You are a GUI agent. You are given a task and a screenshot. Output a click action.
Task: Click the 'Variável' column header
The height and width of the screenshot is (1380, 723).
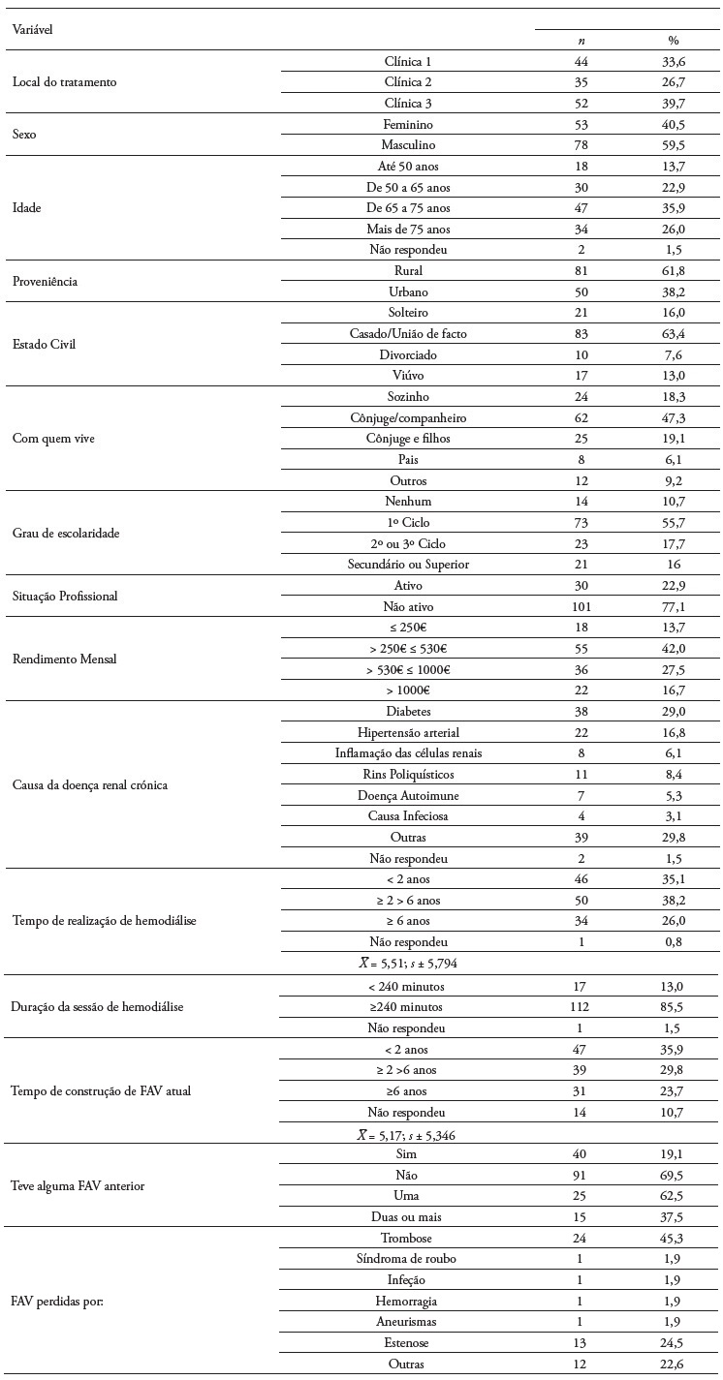pos(32,29)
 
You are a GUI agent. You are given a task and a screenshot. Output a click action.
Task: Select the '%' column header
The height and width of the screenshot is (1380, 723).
pos(673,41)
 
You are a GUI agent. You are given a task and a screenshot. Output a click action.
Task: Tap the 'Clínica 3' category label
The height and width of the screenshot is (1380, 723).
pos(408,104)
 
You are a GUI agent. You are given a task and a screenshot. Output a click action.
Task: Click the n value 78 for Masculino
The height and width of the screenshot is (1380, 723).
pos(581,145)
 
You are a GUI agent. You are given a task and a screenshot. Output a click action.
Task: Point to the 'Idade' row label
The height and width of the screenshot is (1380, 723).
pos(26,208)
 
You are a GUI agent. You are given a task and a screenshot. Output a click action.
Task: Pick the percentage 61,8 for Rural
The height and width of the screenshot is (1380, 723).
pos(673,271)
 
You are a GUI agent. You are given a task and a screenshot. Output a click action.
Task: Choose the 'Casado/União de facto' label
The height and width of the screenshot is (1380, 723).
pos(408,334)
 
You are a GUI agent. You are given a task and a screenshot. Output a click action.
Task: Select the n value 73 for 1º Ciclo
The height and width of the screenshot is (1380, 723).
pos(581,523)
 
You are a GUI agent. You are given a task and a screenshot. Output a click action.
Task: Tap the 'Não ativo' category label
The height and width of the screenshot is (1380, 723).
pos(408,607)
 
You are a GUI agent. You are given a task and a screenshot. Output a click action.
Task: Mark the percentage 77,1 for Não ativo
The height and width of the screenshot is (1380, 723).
pos(673,607)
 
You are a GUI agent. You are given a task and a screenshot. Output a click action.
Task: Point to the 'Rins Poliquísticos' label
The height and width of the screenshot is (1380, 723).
pos(408,775)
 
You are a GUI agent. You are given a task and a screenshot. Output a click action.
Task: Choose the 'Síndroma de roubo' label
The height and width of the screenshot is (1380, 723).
pos(408,1259)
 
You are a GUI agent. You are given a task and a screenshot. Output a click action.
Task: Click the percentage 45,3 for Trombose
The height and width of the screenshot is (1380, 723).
pos(673,1238)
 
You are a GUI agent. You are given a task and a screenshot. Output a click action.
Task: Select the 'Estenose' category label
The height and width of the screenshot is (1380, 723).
pos(408,1343)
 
